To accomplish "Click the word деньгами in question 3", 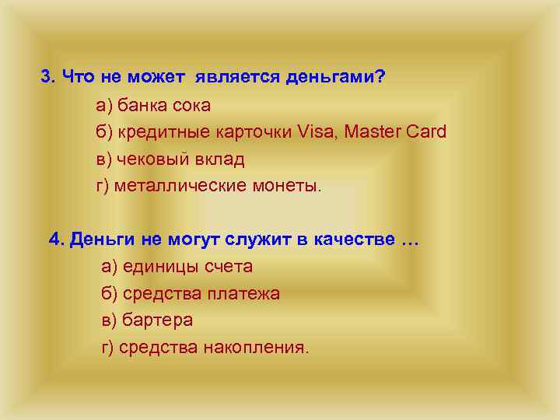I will pyautogui.click(x=331, y=77).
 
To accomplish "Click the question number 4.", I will pyautogui.click(x=56, y=239).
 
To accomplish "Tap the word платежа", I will pyautogui.click(x=247, y=294).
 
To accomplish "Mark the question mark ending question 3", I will pyautogui.click(x=380, y=77).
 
